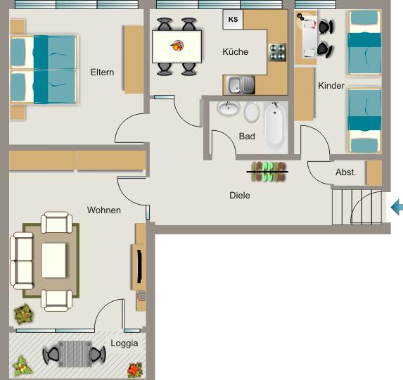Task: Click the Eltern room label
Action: tap(102, 72)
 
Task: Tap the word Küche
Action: tap(235, 52)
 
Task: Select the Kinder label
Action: tap(331, 86)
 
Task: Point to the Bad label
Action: tap(247, 137)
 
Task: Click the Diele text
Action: tap(240, 196)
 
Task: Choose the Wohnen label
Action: tap(104, 210)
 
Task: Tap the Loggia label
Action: tap(124, 343)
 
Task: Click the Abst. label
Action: tap(346, 172)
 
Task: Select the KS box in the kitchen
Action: tap(233, 20)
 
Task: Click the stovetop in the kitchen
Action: tap(277, 51)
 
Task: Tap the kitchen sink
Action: tap(241, 86)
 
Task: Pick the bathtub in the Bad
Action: tap(274, 127)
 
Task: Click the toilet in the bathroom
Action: tap(252, 111)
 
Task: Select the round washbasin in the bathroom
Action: tap(227, 108)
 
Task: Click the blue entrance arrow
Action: tap(397, 208)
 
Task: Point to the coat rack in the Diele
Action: tap(269, 172)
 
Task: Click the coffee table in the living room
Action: tap(54, 260)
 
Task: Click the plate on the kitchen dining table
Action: tap(177, 46)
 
